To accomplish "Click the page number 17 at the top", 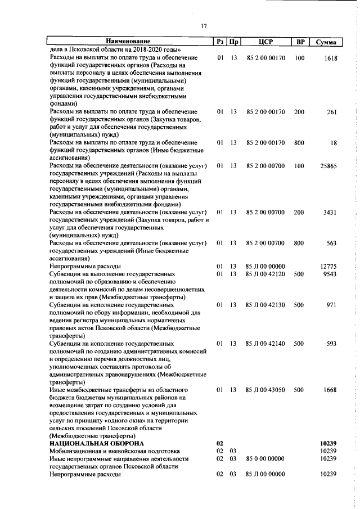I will [x=204, y=25].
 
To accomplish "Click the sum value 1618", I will [x=330, y=58].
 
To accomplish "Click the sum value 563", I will [x=332, y=243].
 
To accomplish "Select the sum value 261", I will [x=332, y=112].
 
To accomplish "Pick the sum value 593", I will [x=332, y=344].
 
